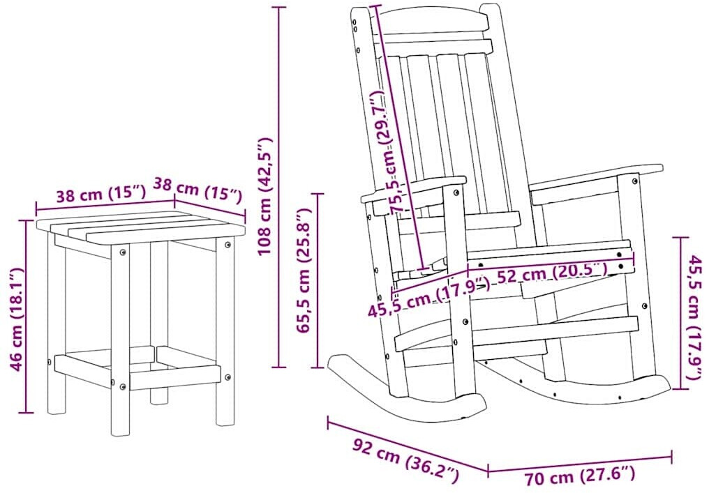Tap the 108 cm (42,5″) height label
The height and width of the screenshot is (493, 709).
(264, 197)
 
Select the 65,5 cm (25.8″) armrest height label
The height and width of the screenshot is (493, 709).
(304, 271)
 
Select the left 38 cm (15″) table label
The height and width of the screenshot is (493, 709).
(100, 195)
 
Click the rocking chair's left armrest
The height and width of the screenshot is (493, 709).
(414, 190)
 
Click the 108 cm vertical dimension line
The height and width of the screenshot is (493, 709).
(278, 187)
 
